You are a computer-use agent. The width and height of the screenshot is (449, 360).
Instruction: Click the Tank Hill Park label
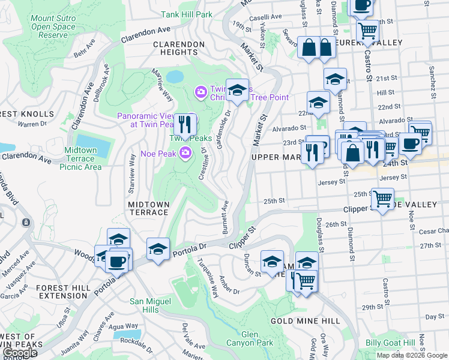point(187,14)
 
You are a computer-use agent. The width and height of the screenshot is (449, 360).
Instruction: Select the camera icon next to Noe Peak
point(186,153)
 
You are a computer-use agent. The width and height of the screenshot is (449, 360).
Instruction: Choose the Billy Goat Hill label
point(390,343)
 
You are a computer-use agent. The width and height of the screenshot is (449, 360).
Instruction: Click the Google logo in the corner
point(20,353)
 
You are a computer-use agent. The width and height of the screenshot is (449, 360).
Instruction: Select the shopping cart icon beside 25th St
point(382,198)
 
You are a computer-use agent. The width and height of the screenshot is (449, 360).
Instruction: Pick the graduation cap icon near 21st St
point(335,79)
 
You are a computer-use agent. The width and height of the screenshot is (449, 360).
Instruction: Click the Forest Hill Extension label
point(63,292)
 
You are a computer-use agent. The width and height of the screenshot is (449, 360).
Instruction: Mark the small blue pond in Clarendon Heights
point(175,77)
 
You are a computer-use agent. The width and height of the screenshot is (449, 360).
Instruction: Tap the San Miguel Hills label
point(145,305)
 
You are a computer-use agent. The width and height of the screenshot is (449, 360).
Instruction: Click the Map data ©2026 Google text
point(412,355)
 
